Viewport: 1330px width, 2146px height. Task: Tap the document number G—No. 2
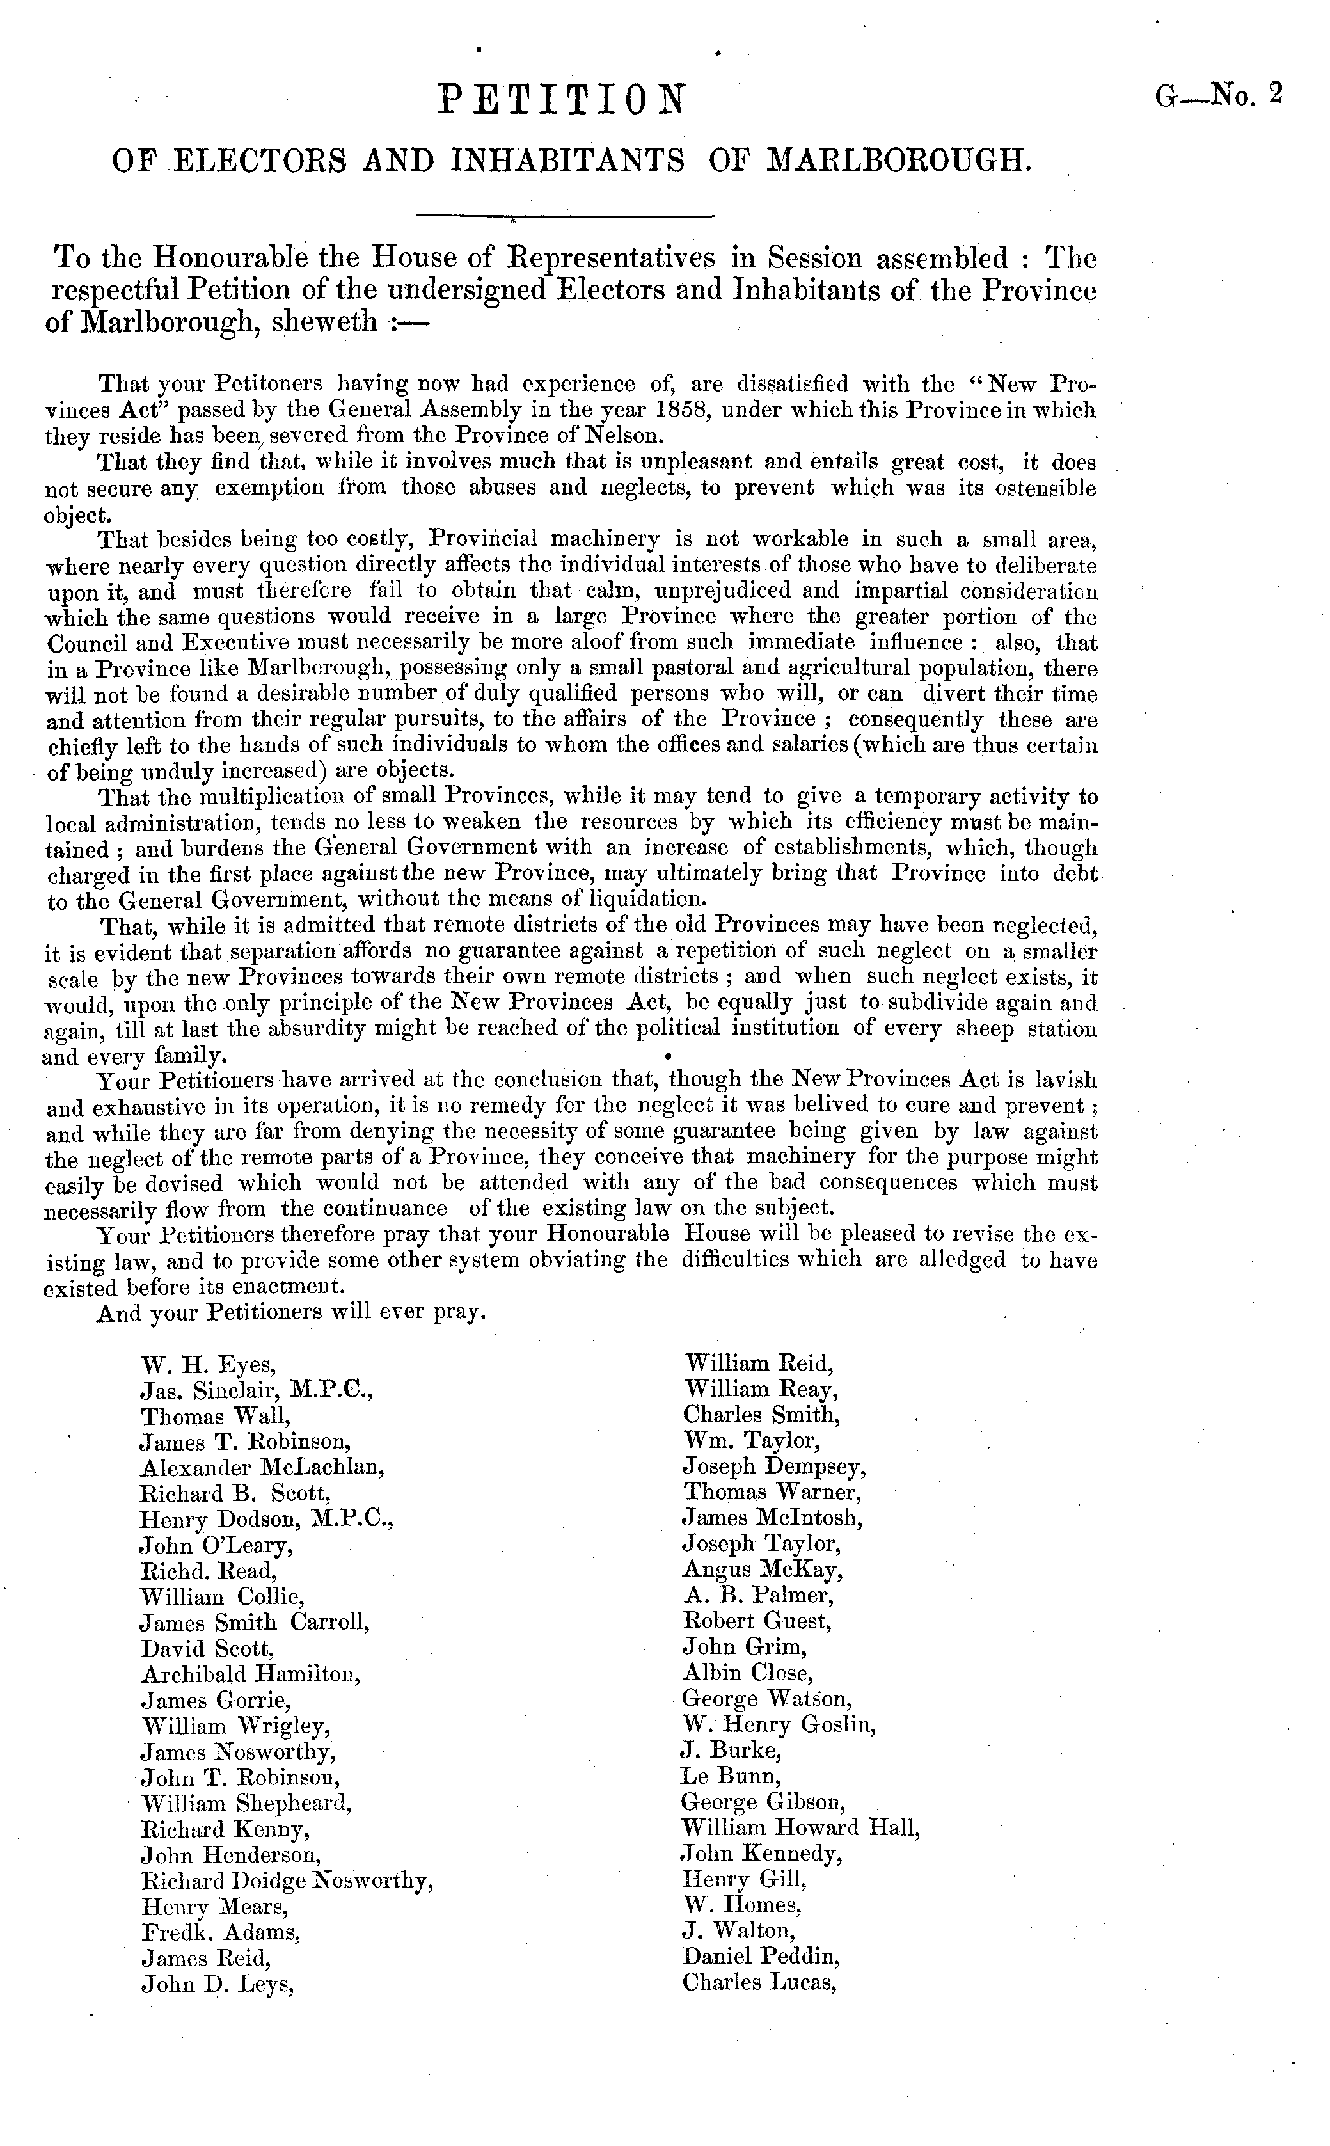(x=1219, y=94)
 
